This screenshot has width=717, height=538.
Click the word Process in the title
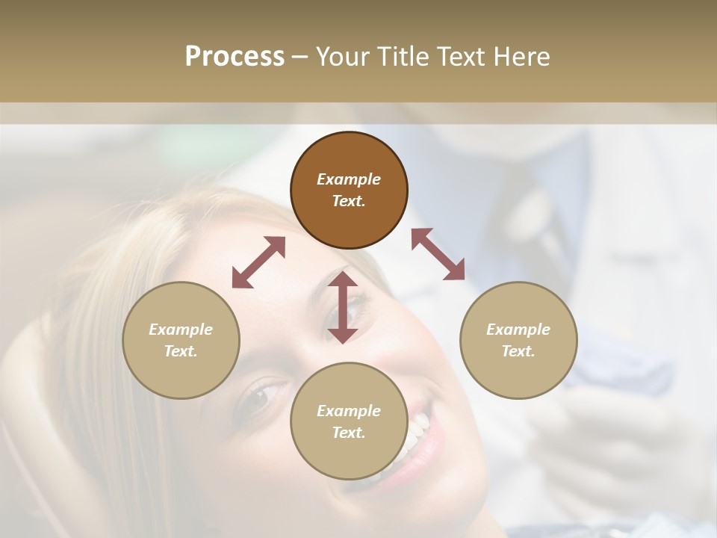point(235,57)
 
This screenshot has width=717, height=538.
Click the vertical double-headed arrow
point(343,307)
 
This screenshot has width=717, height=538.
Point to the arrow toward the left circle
point(258,262)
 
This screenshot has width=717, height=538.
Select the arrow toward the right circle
point(438,254)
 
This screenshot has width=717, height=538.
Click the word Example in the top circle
point(349,179)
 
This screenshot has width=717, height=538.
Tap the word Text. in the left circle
point(181,351)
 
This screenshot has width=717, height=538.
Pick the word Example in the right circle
point(518,330)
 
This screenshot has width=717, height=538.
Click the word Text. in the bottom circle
point(349,433)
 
